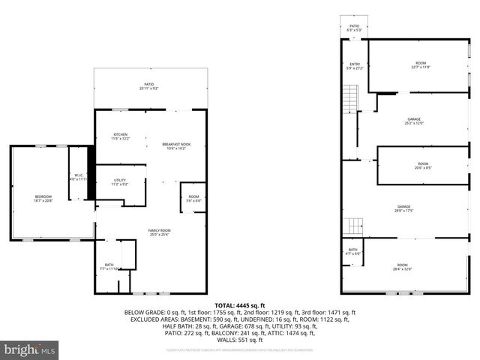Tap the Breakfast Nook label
pos(175,145)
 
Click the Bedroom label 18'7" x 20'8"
pos(43,199)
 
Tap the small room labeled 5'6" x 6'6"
pos(193,199)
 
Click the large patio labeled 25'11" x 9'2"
pos(148,86)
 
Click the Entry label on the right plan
pos(355,67)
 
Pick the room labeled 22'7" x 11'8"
pos(420,64)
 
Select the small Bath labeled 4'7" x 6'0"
pos(352,253)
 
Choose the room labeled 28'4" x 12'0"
pos(402,267)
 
